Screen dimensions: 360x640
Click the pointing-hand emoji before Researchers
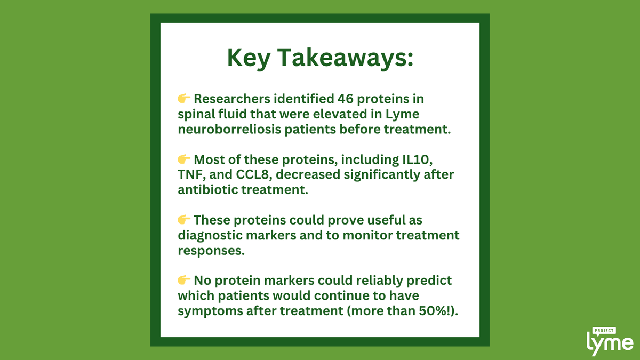184,99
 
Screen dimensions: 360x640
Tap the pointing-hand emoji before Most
184,159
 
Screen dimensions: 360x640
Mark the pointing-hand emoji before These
184,220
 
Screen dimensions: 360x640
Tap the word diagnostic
209,235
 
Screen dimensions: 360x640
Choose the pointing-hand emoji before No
184,280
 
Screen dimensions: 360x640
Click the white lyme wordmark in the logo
610,343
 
